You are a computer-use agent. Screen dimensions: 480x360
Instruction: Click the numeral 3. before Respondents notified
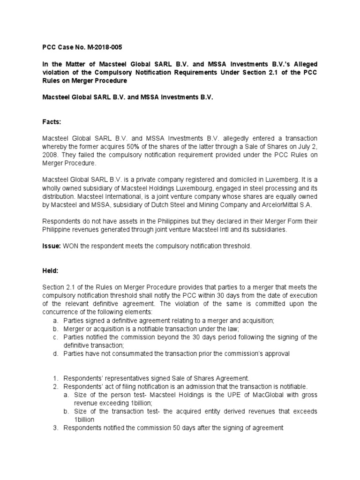click(55, 428)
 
